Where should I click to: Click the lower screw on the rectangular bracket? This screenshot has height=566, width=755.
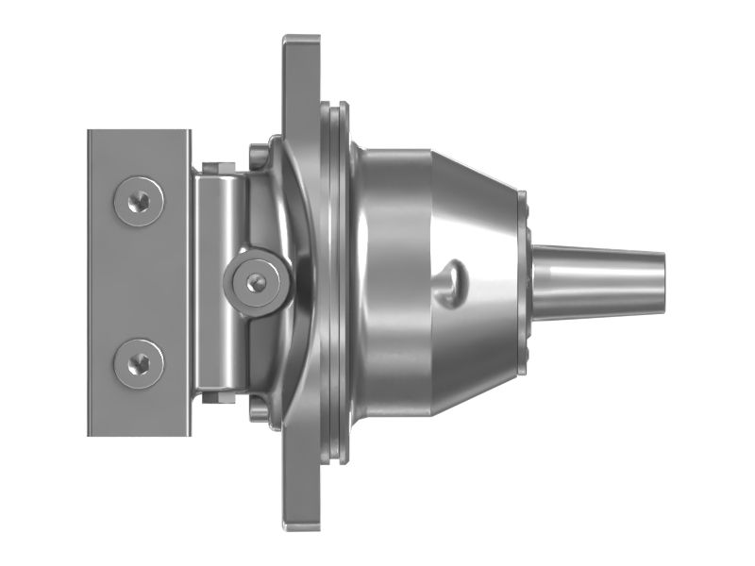[137, 358]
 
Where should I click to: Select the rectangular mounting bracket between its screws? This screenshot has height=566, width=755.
[137, 280]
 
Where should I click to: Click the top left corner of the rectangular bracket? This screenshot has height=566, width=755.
[90, 131]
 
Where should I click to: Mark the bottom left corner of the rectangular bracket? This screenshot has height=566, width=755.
[90, 433]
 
